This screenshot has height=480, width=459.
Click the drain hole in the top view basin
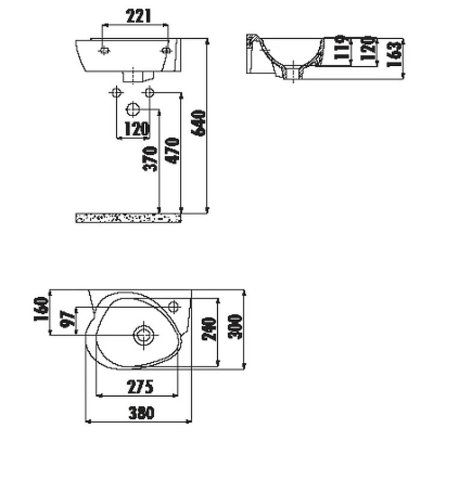(x=144, y=334)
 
